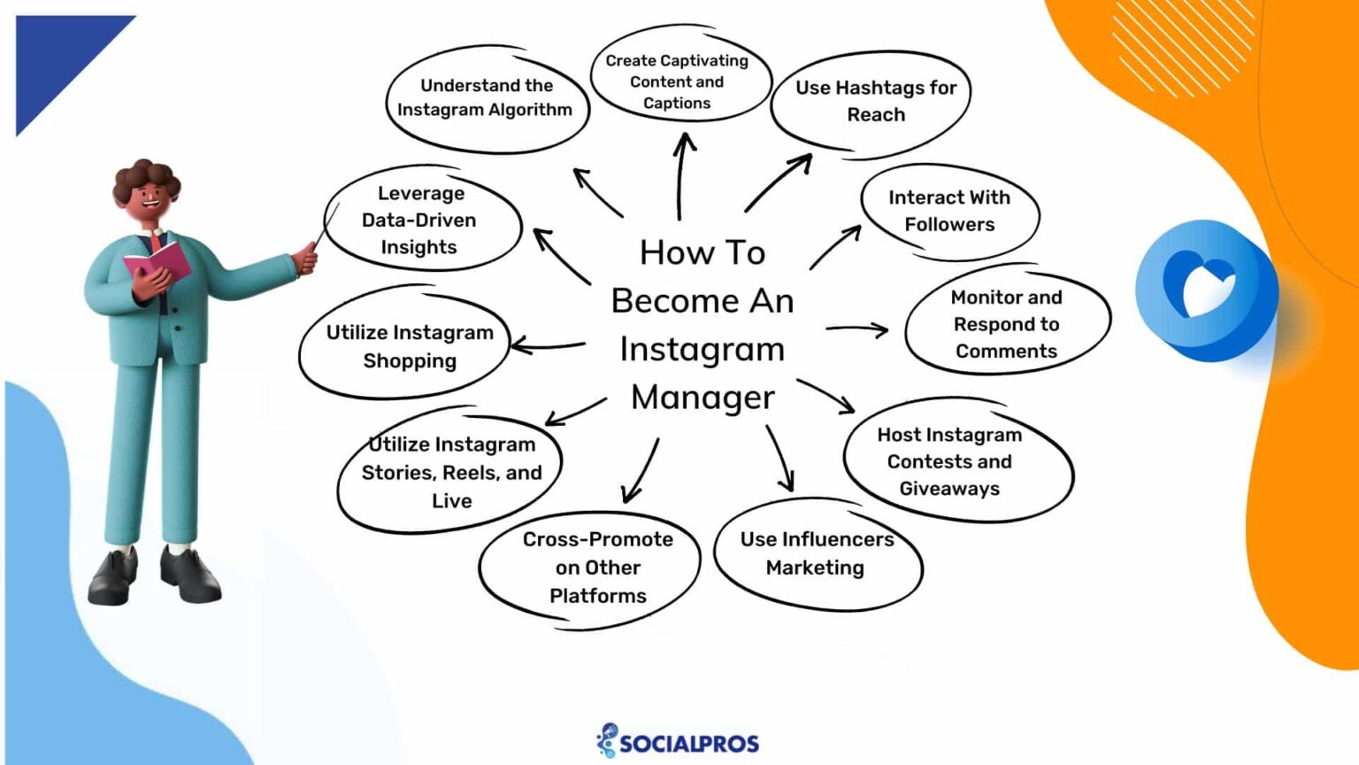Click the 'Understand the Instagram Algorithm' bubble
pyautogui.click(x=486, y=98)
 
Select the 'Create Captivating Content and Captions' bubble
pyautogui.click(x=678, y=81)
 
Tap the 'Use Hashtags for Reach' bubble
pyautogui.click(x=873, y=101)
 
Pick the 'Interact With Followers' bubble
pyautogui.click(x=949, y=211)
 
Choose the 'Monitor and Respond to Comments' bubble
pyautogui.click(x=1006, y=324)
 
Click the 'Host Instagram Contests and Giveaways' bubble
pyautogui.click(x=951, y=461)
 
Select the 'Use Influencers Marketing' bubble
pyautogui.click(x=817, y=553)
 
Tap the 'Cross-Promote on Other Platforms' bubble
pyautogui.click(x=597, y=568)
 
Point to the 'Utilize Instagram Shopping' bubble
pyautogui.click(x=409, y=346)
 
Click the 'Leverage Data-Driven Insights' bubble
pyautogui.click(x=420, y=220)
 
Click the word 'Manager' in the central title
pyautogui.click(x=703, y=398)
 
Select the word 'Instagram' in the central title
pyautogui.click(x=703, y=349)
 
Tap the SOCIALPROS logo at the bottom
pyautogui.click(x=679, y=741)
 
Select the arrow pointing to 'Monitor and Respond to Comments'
pyautogui.click(x=856, y=329)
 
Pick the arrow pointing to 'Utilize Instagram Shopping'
pyautogui.click(x=549, y=345)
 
